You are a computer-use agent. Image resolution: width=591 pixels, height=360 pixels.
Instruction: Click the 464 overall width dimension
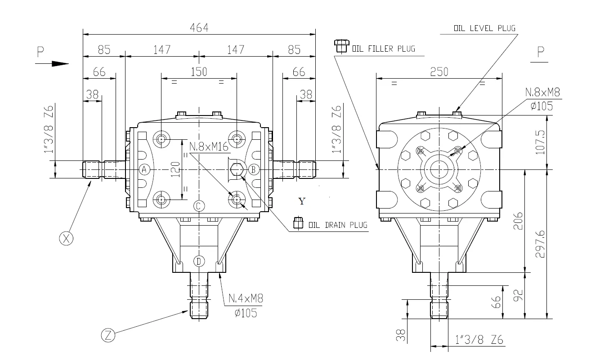coord(199,28)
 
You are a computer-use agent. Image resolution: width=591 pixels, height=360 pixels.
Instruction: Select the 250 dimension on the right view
coord(439,72)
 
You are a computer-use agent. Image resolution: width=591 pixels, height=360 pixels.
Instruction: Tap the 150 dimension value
coord(198,72)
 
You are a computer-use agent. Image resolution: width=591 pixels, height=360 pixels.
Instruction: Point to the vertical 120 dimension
coord(175,168)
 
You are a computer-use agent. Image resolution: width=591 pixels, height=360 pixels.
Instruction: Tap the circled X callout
coord(66,239)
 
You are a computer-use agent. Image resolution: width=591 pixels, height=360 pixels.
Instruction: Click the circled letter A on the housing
coord(144,169)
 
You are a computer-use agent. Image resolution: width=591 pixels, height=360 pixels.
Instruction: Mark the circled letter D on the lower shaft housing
coord(199,261)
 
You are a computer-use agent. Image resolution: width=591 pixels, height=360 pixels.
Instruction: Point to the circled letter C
coord(199,206)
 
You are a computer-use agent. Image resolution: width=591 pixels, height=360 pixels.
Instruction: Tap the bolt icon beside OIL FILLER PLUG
coord(341,46)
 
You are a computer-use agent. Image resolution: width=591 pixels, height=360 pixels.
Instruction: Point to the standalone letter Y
coord(302,201)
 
